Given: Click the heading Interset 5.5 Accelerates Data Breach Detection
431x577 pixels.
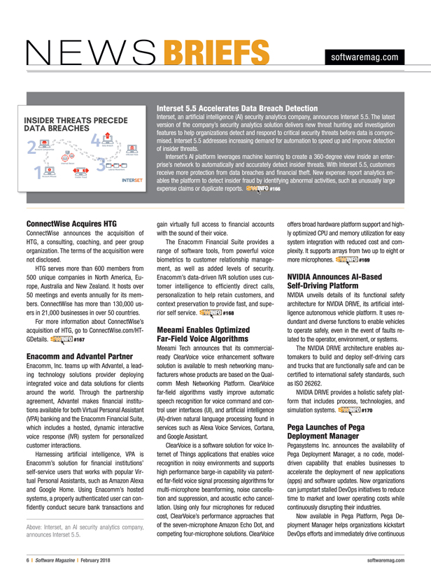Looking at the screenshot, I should coord(237,109).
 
